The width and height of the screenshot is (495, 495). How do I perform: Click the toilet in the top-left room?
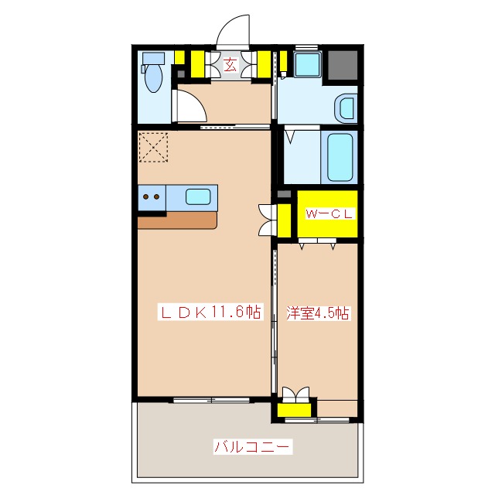pyautogui.click(x=152, y=76)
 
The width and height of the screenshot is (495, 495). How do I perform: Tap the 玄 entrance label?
pyautogui.click(x=230, y=66)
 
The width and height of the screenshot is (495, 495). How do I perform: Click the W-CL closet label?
pyautogui.click(x=328, y=215)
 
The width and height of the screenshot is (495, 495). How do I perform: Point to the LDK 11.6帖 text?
pyautogui.click(x=210, y=313)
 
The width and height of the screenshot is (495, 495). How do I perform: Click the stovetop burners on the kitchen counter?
pyautogui.click(x=152, y=196)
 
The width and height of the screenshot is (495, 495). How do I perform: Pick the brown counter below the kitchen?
pyautogui.click(x=178, y=219)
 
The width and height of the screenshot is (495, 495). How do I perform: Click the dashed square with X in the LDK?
pyautogui.click(x=153, y=147)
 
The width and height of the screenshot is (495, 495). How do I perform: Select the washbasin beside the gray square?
pyautogui.click(x=306, y=65)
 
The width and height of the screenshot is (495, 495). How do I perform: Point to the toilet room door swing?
pyautogui.click(x=186, y=104)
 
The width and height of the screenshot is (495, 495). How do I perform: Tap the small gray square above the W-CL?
pyautogui.click(x=284, y=193)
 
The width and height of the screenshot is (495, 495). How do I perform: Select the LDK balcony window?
pyautogui.click(x=210, y=400)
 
